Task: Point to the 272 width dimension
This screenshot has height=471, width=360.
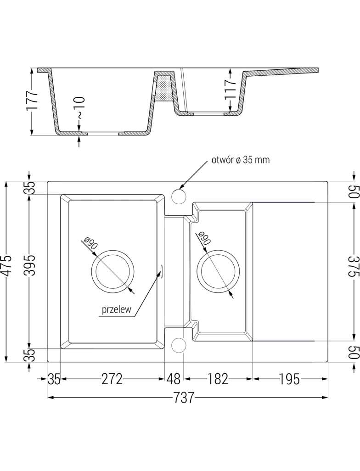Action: point(112,379)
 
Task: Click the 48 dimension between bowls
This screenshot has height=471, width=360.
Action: point(174,379)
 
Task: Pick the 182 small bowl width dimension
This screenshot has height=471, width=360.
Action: point(218,379)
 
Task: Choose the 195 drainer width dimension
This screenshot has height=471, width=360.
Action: point(289,379)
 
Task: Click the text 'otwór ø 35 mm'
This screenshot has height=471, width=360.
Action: point(240,160)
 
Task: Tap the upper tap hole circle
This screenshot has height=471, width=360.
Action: point(178,196)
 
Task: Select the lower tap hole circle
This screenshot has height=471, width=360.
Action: point(178,345)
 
